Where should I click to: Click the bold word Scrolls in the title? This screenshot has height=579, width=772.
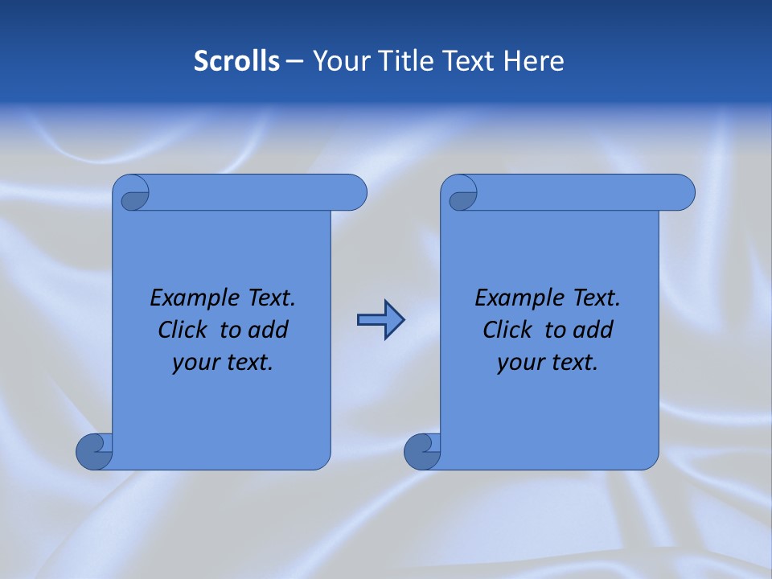[x=237, y=61]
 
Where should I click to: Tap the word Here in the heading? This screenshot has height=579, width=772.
[x=534, y=61]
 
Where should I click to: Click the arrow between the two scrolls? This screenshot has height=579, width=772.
[x=380, y=320]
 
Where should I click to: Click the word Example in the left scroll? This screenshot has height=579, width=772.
[x=190, y=298]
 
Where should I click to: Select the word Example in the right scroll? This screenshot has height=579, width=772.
[x=515, y=298]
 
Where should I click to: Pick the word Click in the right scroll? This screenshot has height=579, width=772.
[x=507, y=330]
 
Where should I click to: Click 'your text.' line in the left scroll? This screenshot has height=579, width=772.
[x=223, y=362]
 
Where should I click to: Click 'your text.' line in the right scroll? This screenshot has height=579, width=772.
[x=548, y=362]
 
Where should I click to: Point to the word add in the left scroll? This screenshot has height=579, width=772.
[x=269, y=330]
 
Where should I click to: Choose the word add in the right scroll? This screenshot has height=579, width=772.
[x=593, y=330]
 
